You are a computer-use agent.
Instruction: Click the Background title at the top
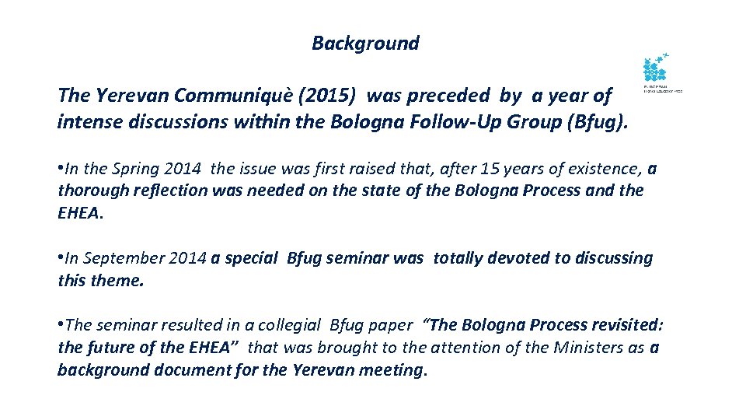[x=365, y=44]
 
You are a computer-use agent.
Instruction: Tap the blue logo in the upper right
[x=656, y=71]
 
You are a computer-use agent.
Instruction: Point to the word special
[x=251, y=258]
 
